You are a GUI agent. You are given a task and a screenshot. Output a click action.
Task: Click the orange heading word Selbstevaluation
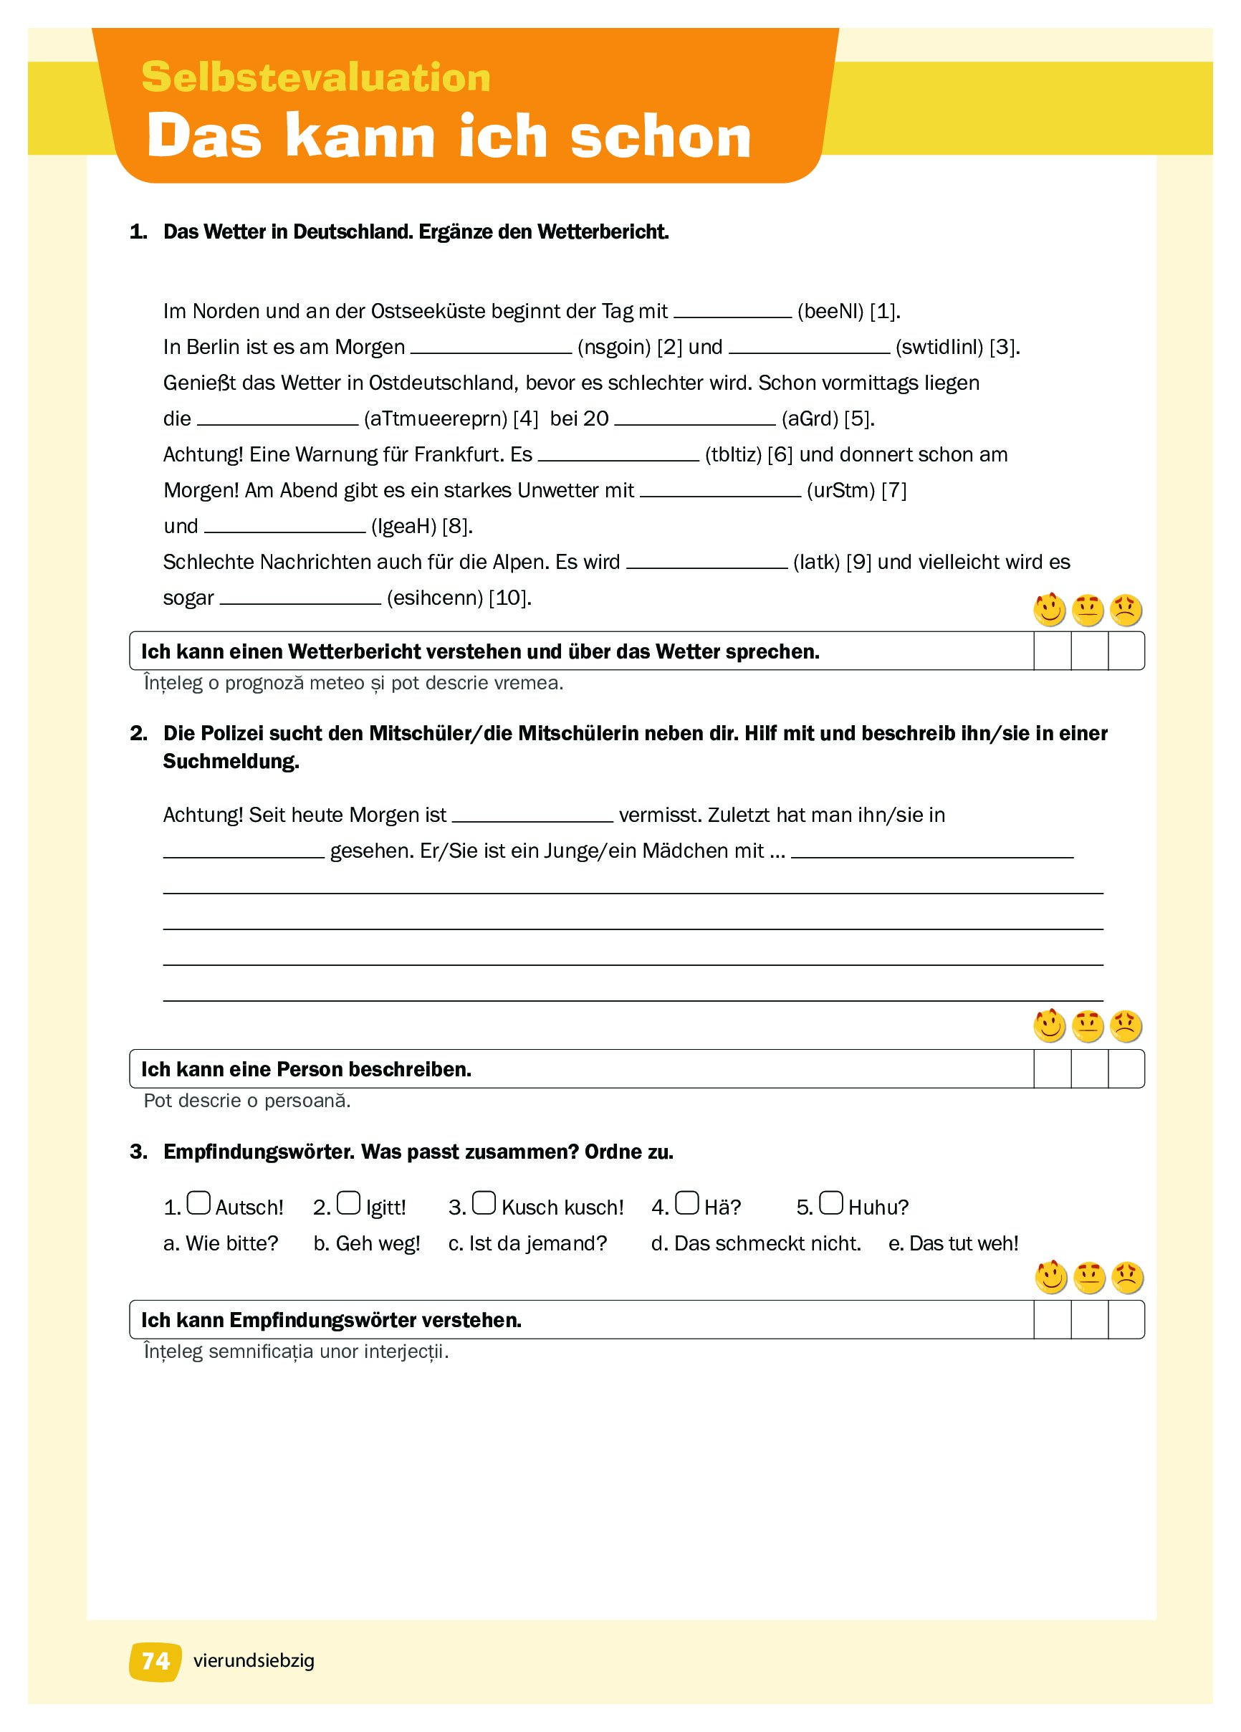pos(315,77)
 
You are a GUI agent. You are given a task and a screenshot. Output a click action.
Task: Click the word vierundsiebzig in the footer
pos(254,1660)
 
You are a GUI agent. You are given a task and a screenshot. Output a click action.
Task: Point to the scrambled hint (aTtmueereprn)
pos(436,418)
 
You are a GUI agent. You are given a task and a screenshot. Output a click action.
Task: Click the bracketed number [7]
pos(893,490)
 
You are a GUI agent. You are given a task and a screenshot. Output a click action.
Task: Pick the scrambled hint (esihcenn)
pos(434,598)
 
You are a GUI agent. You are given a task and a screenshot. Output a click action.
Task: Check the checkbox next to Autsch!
pos(198,1202)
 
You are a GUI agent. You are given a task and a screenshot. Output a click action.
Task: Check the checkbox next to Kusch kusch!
pos(484,1202)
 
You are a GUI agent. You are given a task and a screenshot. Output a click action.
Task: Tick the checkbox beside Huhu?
pos(831,1202)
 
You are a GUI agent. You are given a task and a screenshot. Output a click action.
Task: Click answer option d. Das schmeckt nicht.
pos(755,1243)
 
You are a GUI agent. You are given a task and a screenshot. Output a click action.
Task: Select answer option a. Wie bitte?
pos(221,1243)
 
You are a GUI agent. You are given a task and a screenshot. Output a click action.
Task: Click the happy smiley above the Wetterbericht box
pos(1049,610)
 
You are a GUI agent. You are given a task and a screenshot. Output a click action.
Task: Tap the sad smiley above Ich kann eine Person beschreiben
pos(1126,1026)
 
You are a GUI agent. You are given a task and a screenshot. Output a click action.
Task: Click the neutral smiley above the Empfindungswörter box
pos(1089,1278)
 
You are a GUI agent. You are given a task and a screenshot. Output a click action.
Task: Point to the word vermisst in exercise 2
pos(660,815)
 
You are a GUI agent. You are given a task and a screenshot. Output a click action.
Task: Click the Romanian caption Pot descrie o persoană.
pos(246,1101)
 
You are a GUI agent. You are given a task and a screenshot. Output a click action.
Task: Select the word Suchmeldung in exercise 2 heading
pos(231,760)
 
